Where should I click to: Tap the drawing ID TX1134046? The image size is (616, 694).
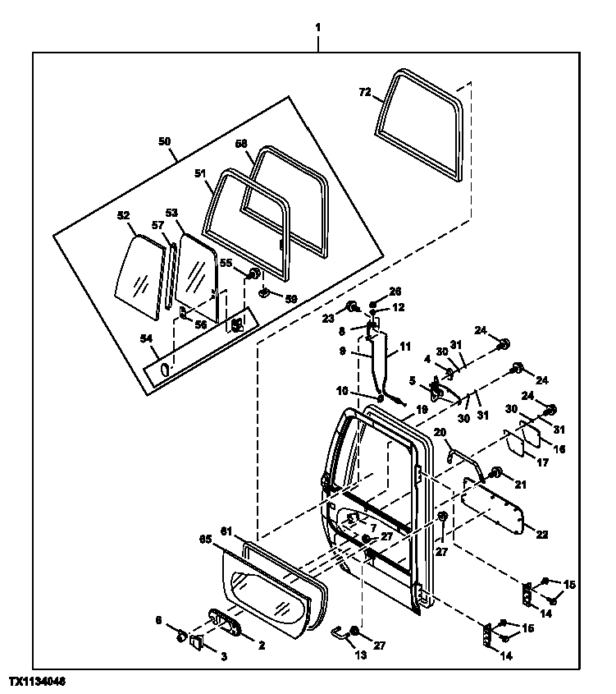38,683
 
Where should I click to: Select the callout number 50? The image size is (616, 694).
165,141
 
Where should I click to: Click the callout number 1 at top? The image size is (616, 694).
317,27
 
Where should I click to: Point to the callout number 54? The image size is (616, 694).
145,338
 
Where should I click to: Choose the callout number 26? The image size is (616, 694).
395,291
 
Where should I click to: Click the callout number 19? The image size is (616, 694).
422,407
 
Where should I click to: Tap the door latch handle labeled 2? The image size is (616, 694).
226,622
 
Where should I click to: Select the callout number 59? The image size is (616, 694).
290,299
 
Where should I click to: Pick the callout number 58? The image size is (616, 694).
240,144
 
